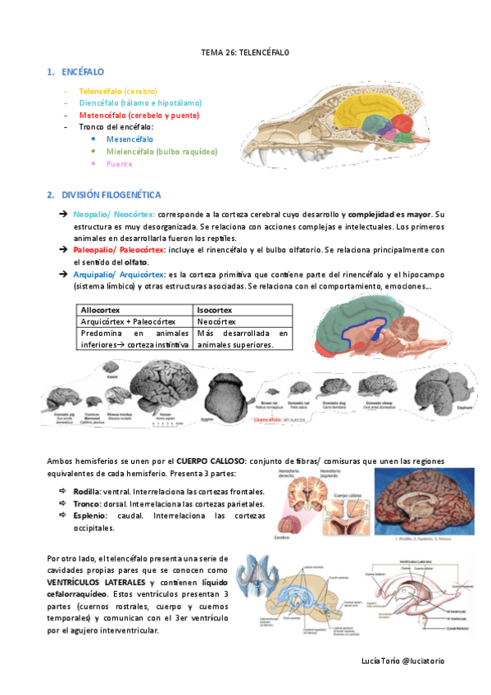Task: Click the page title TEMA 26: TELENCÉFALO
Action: coord(245,52)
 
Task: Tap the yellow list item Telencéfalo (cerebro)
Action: coord(118,91)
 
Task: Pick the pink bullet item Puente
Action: coord(119,164)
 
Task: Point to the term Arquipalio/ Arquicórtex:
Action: coord(118,274)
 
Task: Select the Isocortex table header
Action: coord(215,311)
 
